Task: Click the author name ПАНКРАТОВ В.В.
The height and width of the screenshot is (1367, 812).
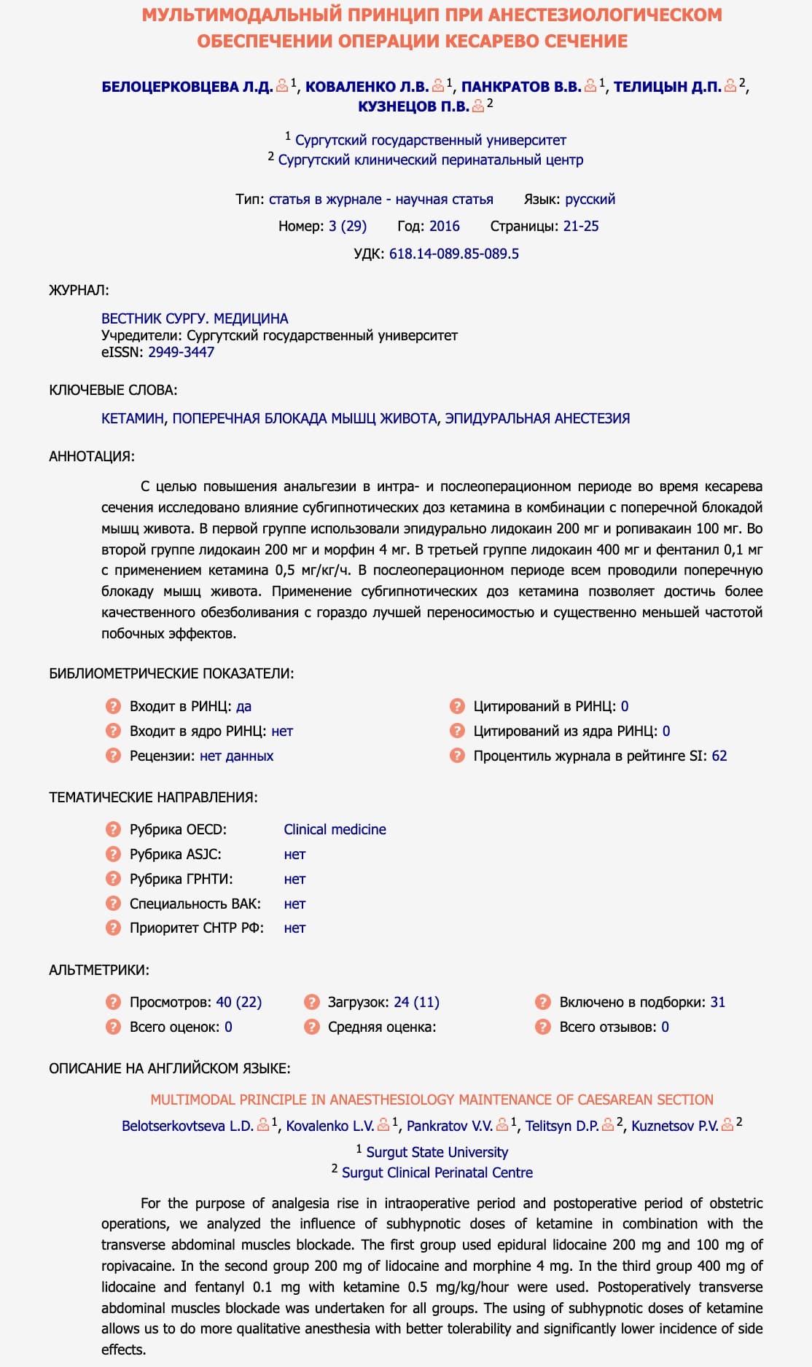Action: (521, 87)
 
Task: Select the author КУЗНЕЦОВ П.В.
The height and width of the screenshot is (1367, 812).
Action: (413, 106)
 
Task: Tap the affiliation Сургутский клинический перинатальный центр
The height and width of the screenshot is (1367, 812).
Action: (430, 160)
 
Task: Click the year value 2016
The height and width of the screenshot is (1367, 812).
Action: (444, 226)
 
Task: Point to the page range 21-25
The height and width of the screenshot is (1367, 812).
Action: (581, 226)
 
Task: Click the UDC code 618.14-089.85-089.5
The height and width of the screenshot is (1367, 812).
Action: (453, 254)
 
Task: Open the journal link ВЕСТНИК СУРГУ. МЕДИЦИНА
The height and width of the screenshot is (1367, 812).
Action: (195, 318)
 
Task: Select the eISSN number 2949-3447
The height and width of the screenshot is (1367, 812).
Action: (181, 352)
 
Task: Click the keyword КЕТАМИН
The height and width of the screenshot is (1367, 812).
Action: (133, 418)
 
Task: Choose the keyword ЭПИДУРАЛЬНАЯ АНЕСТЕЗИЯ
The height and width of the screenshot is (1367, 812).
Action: (537, 418)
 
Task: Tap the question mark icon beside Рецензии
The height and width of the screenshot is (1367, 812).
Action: (113, 756)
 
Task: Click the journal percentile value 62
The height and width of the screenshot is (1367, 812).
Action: (719, 756)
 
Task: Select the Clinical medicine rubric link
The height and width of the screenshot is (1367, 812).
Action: (335, 829)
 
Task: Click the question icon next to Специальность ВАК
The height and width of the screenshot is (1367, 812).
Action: (113, 904)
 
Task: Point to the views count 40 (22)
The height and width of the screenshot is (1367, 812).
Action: (238, 1002)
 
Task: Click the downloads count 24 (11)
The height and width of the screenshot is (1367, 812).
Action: (416, 1002)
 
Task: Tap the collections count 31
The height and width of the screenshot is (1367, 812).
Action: (717, 1002)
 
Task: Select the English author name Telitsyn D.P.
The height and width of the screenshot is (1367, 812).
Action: (562, 1126)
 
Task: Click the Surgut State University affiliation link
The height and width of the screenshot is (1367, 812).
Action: (437, 1152)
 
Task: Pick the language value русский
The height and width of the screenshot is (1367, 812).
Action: (590, 199)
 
